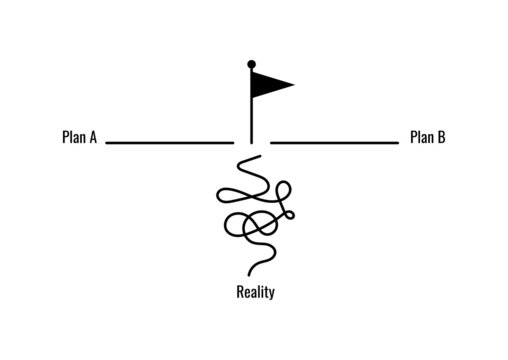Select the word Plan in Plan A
pos(72,138)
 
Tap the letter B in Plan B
pos(441,138)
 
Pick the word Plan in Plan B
pos(421,138)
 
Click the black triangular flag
pos(268,84)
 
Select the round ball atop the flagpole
pos(251,64)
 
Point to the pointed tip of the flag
pos(294,84)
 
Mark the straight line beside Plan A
pos(170,143)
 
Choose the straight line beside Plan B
pos(334,143)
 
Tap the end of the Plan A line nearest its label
pos(107,143)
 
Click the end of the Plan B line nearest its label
pos(397,143)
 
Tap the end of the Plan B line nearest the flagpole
pos(272,143)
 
